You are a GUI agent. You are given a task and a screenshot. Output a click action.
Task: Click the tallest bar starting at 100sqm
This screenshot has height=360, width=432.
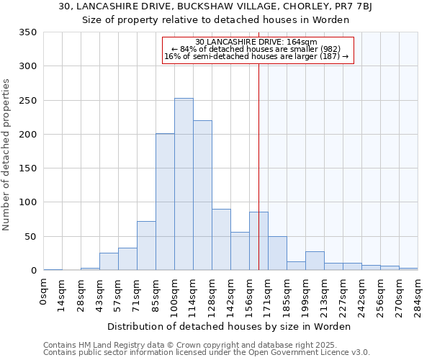click(184, 184)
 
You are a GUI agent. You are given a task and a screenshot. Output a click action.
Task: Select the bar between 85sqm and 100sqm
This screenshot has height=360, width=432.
click(165, 202)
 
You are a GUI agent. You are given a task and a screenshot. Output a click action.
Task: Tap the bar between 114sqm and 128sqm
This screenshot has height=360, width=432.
click(202, 195)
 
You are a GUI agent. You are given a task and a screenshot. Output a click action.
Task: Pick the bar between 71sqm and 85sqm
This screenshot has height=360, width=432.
click(146, 246)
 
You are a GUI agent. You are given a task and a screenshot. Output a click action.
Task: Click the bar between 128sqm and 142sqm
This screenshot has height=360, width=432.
click(221, 240)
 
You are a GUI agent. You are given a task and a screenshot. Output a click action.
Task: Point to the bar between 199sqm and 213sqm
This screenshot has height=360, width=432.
click(315, 261)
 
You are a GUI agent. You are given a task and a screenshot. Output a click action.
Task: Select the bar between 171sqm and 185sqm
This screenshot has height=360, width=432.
click(277, 253)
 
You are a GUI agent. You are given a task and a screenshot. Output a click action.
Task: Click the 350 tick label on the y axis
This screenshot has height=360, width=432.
click(28, 32)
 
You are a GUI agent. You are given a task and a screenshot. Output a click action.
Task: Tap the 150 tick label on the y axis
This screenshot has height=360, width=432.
click(28, 168)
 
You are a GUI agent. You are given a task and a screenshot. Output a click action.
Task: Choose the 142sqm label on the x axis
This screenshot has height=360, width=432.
click(231, 292)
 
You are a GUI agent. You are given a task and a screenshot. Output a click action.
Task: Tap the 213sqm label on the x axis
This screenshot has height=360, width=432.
click(325, 292)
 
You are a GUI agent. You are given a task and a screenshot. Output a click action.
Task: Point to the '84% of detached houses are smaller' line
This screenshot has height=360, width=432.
click(255, 49)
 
